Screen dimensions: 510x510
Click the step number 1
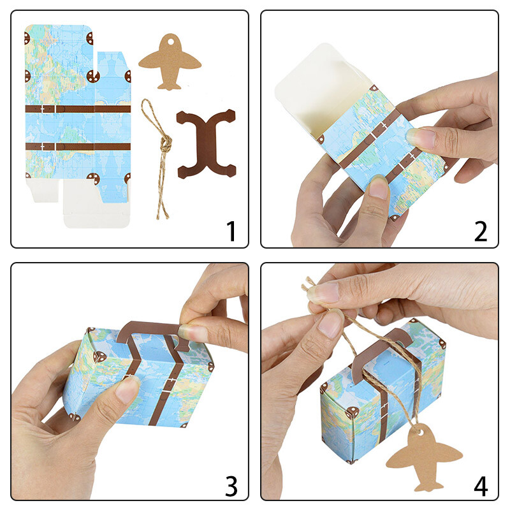point(231,231)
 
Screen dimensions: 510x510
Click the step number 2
point(481,231)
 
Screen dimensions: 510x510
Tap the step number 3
point(231,486)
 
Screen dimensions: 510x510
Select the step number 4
point(481,486)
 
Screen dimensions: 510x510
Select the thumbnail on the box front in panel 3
point(128,389)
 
